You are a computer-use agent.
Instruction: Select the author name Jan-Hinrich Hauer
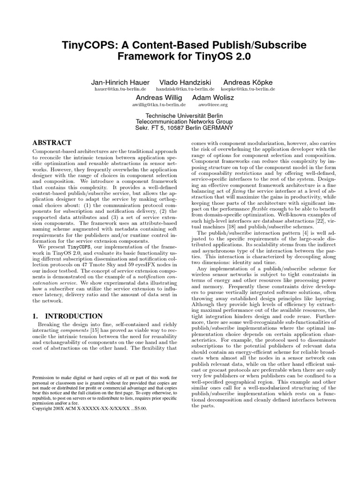120,82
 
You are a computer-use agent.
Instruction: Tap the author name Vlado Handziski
185,82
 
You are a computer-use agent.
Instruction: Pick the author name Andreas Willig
157,97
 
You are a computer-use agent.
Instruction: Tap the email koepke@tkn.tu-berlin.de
247,89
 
